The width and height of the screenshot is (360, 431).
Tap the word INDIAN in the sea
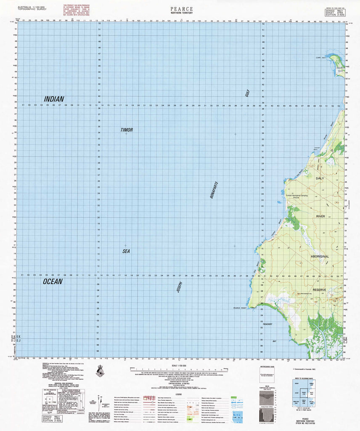(x=54, y=99)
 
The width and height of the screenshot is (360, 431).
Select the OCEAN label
(x=53, y=282)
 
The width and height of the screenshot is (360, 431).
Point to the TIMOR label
(x=126, y=130)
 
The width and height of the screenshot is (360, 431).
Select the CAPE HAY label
(x=321, y=58)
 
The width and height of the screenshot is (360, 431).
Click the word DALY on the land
(x=320, y=179)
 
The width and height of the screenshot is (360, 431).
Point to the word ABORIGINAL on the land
(x=320, y=256)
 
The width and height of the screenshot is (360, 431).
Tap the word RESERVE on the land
(x=320, y=290)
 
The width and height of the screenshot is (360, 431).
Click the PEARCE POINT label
(x=243, y=309)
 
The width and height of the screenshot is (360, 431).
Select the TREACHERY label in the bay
(x=268, y=324)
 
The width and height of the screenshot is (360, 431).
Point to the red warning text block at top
(x=77, y=13)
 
